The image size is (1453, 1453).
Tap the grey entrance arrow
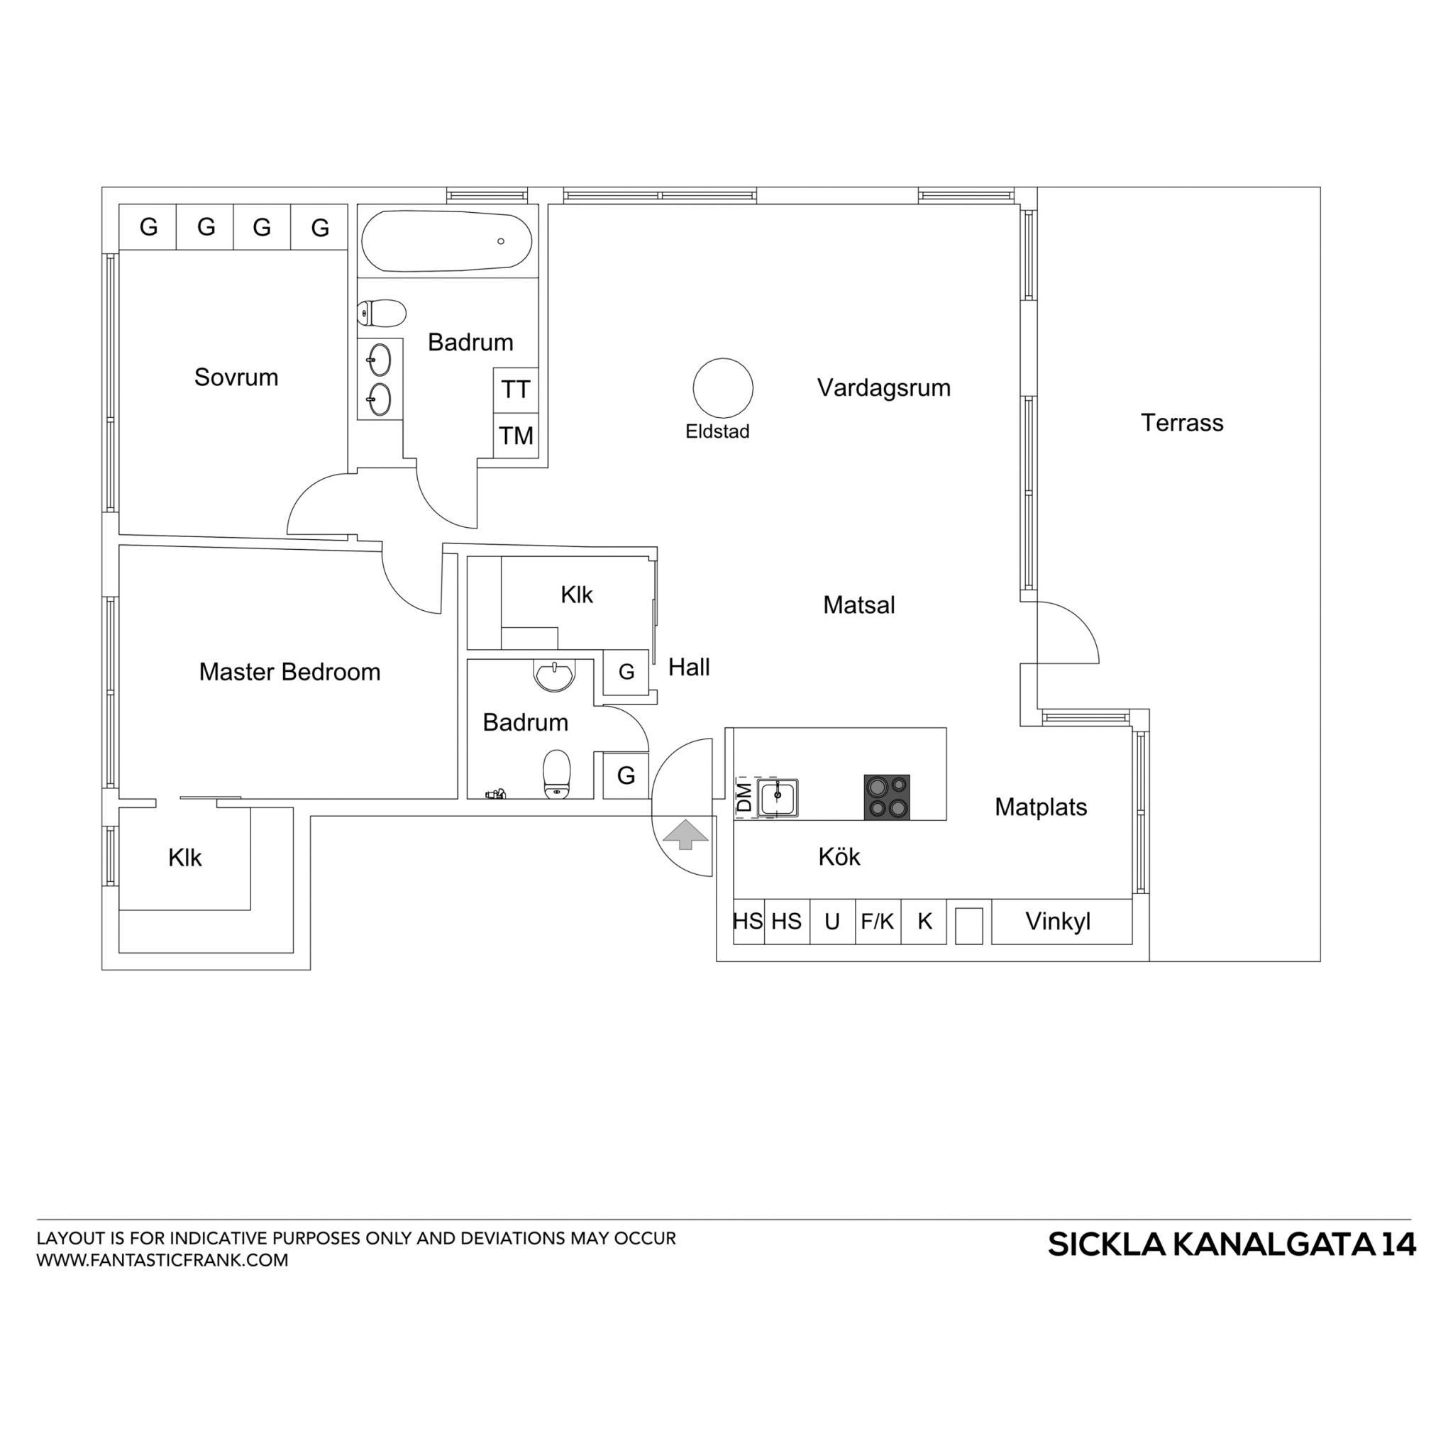coord(685,834)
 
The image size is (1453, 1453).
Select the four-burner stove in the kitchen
coord(887,797)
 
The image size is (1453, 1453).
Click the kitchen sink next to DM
coord(777,798)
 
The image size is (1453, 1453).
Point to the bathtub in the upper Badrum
coord(447,241)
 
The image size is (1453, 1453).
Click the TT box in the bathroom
coord(516,390)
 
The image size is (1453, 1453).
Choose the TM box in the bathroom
coord(516,436)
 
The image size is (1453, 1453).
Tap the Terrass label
coord(1181,423)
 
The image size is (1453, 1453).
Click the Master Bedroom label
coord(289,672)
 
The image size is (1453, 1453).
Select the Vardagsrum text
coord(884,388)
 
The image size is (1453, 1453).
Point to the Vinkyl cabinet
coord(1062,922)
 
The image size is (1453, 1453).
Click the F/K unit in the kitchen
coord(878,922)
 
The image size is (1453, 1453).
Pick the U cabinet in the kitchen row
coord(832,922)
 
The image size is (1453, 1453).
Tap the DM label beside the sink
coord(744,797)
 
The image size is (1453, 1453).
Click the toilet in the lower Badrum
coord(556,773)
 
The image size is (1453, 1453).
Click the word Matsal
coord(859,604)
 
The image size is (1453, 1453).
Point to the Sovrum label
coord(236,377)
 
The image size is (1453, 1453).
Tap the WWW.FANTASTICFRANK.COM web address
coord(162,1261)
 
